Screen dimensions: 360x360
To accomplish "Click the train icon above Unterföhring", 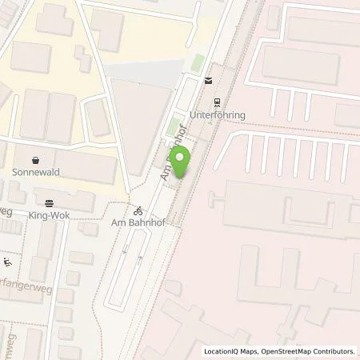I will click(x=217, y=102).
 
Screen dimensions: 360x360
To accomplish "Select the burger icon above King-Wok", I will click(x=50, y=203).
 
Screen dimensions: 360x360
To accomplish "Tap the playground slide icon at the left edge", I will click(x=8, y=262).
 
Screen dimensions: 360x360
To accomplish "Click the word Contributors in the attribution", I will click(x=334, y=351).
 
